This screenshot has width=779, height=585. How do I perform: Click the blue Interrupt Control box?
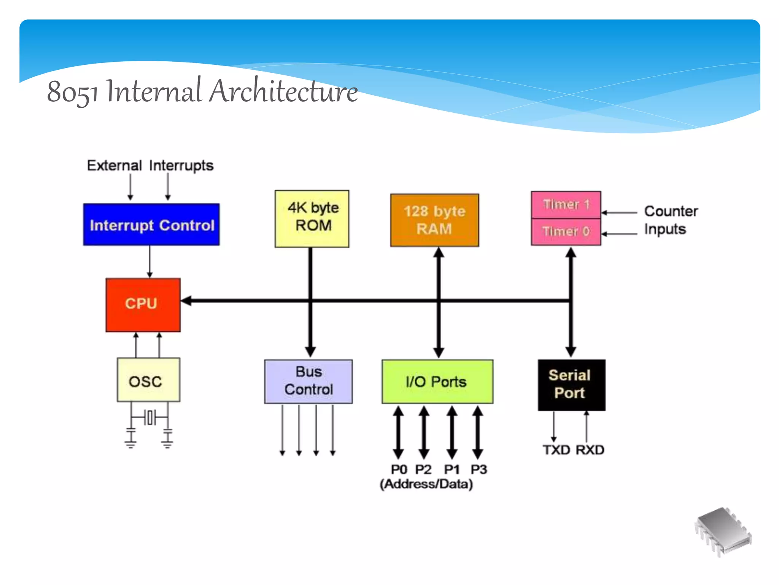click(x=151, y=225)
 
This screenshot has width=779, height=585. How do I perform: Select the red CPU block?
click(x=143, y=305)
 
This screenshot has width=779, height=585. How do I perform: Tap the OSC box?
click(x=148, y=380)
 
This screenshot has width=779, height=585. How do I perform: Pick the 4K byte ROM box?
click(x=312, y=219)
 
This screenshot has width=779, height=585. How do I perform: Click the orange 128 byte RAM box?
click(x=434, y=220)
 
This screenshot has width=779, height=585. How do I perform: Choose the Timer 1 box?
click(x=566, y=205)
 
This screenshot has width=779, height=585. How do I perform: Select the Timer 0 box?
click(x=566, y=232)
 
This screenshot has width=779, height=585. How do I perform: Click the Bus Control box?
click(x=308, y=381)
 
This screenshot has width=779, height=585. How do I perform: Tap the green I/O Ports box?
click(x=437, y=381)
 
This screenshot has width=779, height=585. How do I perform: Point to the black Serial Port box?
click(x=571, y=385)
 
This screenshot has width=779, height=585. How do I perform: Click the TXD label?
click(x=556, y=450)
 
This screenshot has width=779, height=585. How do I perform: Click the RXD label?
click(x=590, y=450)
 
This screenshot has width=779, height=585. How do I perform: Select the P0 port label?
click(x=399, y=469)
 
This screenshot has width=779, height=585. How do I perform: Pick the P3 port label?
click(x=479, y=469)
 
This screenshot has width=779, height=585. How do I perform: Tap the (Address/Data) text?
click(x=426, y=484)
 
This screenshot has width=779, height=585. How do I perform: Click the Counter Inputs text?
click(x=670, y=220)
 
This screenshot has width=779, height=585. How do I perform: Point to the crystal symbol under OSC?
click(x=150, y=417)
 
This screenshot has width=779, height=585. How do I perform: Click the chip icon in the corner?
click(x=723, y=531)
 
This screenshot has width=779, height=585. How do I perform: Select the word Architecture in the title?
click(x=284, y=91)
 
